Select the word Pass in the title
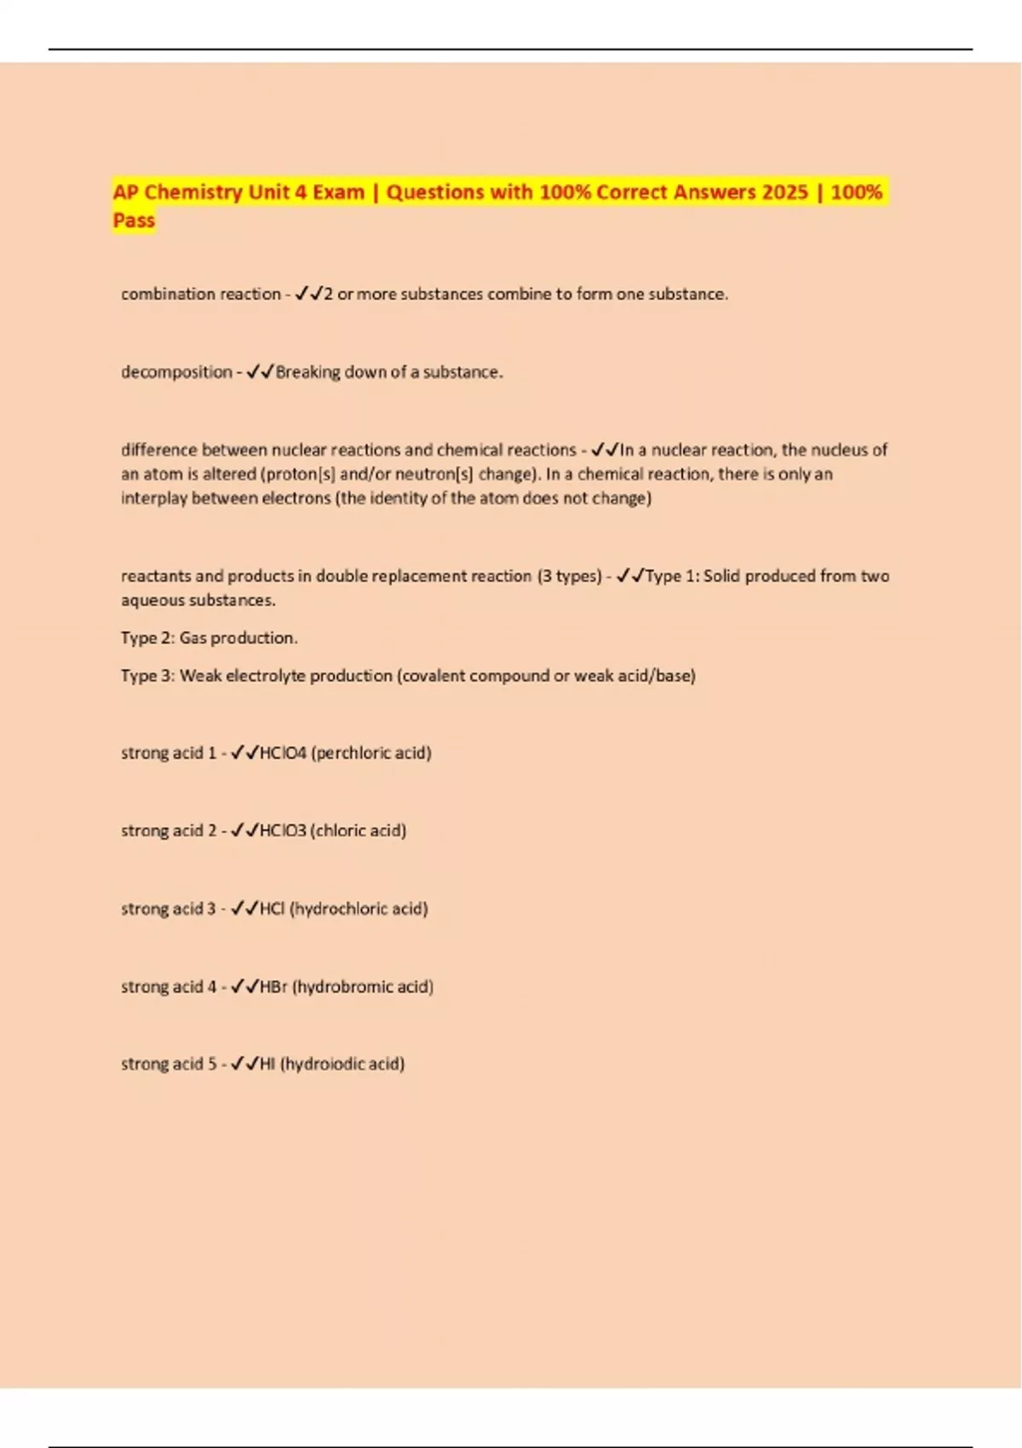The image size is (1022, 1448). point(134,221)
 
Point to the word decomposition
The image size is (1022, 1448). point(176,372)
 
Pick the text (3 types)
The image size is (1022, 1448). point(569,576)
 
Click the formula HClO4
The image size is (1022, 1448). point(283,753)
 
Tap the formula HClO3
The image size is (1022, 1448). point(283,830)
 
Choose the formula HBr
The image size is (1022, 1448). point(273,986)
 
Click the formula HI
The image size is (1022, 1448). point(267,1064)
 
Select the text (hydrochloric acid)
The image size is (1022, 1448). point(359,909)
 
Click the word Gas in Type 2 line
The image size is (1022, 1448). point(192,638)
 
